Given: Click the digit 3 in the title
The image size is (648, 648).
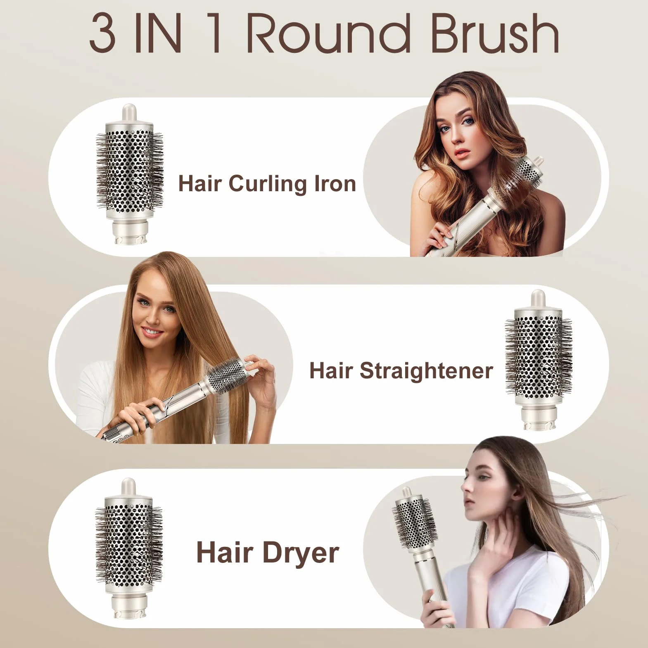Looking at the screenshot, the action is click(102, 33).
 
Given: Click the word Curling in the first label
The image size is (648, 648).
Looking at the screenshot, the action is click(268, 184).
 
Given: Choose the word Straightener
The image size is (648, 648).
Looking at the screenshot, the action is click(426, 370).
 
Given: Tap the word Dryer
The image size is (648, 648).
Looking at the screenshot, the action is click(301, 554).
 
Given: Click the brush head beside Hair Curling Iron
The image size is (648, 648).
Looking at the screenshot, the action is click(130, 174).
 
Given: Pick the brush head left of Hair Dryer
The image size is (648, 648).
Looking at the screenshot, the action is click(129, 548).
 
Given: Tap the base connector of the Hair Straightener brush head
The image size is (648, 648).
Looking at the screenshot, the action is click(537, 418).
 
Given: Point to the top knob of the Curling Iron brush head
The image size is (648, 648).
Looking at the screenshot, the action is click(129, 113).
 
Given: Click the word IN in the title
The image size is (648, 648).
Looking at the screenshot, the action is click(159, 33).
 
